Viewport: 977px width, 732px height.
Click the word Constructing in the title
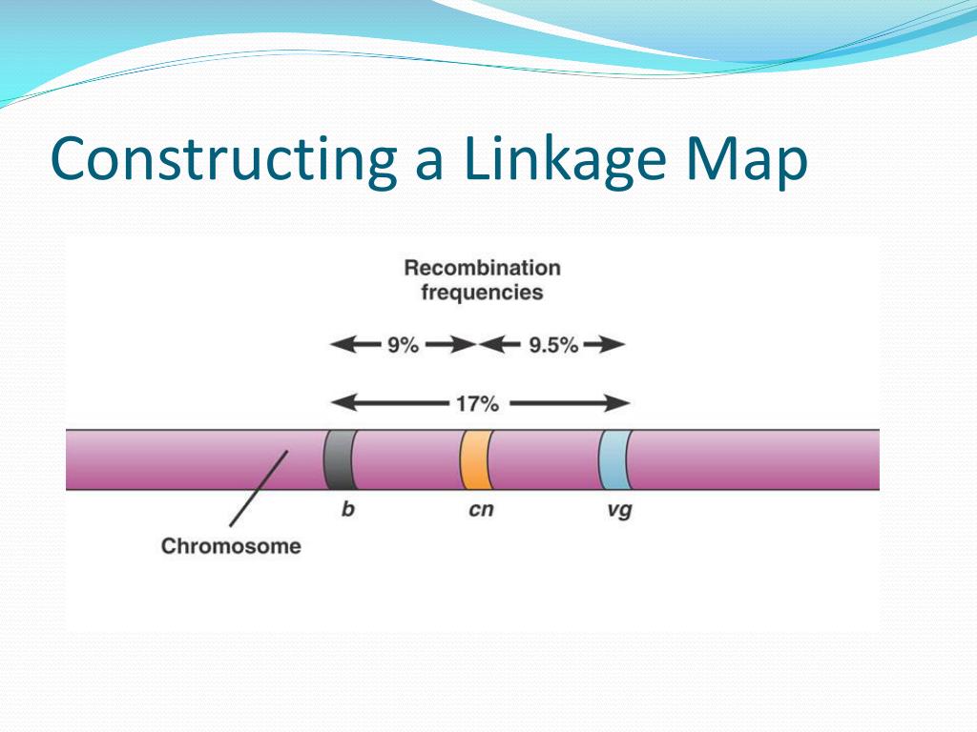[x=224, y=160]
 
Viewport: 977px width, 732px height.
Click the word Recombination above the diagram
[x=482, y=268]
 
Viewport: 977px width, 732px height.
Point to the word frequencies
[x=482, y=292]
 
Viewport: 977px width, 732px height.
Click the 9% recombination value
[x=402, y=346]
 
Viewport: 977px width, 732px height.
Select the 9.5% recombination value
[x=552, y=346]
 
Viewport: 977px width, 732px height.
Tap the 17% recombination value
[x=476, y=404]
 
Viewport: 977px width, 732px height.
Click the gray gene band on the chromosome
[x=339, y=459]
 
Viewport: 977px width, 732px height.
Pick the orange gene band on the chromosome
[x=475, y=459]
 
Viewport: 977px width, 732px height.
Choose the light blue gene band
[x=613, y=459]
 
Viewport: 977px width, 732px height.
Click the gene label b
[x=347, y=510]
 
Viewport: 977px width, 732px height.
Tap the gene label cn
[x=481, y=510]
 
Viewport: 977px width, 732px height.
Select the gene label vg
[x=619, y=511]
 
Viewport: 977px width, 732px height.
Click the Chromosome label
[x=231, y=547]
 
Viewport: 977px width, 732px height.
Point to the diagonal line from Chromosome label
[x=258, y=490]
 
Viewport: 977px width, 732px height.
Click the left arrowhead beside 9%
[x=340, y=345]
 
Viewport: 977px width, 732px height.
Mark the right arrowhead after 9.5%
[x=615, y=345]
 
